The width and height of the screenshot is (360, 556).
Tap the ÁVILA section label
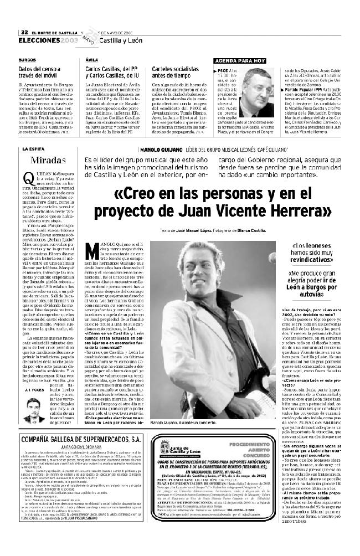coord(92,59)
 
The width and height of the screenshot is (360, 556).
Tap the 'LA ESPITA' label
coord(33,150)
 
